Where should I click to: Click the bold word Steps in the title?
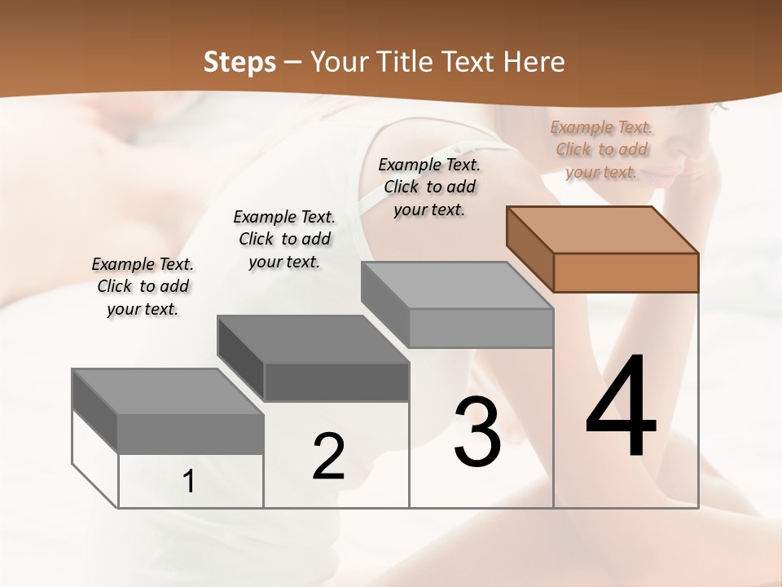pyautogui.click(x=239, y=62)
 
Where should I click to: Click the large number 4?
pyautogui.click(x=621, y=408)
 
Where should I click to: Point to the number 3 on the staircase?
pyautogui.click(x=477, y=433)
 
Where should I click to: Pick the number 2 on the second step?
pyautogui.click(x=328, y=457)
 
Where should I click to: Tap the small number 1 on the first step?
pyautogui.click(x=189, y=482)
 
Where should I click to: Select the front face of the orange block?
pyautogui.click(x=626, y=272)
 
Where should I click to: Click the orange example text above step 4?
pyautogui.click(x=601, y=150)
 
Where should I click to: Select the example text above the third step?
pyautogui.click(x=429, y=188)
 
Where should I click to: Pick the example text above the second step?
pyautogui.click(x=284, y=239)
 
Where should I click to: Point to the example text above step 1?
pyautogui.click(x=143, y=286)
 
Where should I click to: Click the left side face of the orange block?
pyautogui.click(x=529, y=249)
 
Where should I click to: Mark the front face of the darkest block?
pyautogui.click(x=336, y=382)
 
